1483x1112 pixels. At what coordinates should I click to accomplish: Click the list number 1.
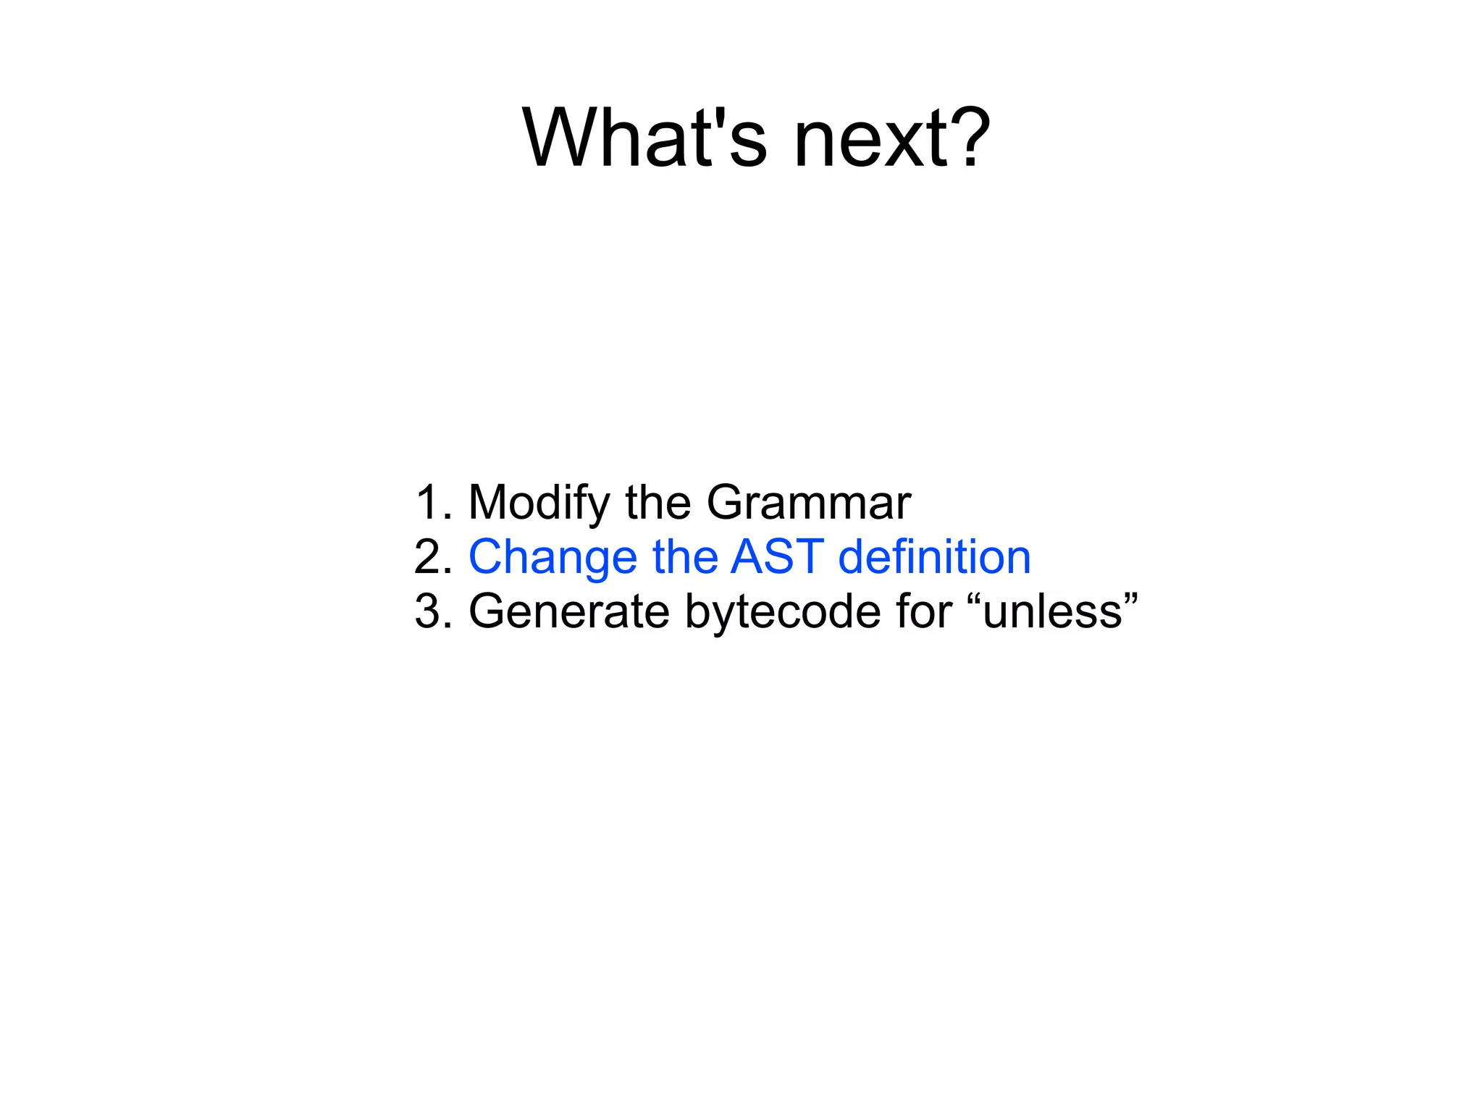pos(429,502)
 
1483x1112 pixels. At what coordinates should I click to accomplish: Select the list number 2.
pos(429,556)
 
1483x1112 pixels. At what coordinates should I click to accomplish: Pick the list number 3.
pos(429,611)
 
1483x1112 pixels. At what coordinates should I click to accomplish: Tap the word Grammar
pos(808,503)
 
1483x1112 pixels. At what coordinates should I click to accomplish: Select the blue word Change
pos(553,558)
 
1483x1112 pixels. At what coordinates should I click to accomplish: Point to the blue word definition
pos(934,556)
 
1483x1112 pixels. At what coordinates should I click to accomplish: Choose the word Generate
pos(569,611)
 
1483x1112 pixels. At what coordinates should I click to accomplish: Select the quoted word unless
pos(1052,611)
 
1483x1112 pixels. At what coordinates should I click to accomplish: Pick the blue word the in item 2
pos(684,556)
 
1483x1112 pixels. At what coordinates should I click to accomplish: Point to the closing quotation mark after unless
pos(1130,598)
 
